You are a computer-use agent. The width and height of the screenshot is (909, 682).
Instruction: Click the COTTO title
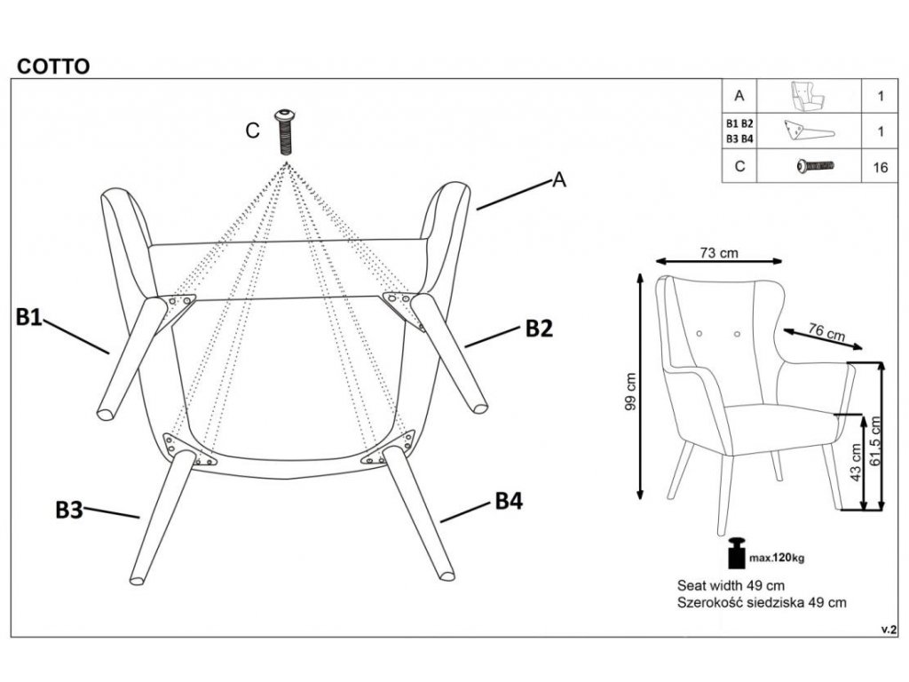pos(53,67)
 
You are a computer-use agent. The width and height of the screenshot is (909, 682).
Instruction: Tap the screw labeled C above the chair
pos(284,131)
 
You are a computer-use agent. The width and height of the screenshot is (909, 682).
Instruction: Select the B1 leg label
pos(29,317)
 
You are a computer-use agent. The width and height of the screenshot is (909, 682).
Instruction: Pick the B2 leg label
pos(539,329)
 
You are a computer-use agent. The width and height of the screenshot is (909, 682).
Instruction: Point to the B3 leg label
pos(69,511)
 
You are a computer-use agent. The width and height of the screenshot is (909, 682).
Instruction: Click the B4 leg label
pos(509,501)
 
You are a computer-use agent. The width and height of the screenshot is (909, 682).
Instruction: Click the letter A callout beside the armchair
pos(559,179)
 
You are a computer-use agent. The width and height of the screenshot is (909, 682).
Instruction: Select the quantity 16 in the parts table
pos(880,168)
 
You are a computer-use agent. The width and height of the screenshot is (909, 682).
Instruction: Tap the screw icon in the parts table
pos(815,166)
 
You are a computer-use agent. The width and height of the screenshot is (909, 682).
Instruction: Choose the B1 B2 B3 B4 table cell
pos(739,131)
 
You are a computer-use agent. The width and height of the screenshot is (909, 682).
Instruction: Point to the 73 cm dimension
pos(719,253)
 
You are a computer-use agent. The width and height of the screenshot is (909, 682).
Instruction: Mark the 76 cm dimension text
pos(826,332)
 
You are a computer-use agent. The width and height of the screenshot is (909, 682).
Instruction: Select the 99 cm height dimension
pos(631,391)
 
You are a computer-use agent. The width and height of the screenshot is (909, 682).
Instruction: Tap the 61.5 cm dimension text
pos(875,440)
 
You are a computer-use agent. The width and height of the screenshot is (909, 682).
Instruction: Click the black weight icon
pos(736,552)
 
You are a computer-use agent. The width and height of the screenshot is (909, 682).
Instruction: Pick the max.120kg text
pos(777,559)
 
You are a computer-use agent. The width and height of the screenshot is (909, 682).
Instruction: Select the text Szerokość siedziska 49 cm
pos(762,603)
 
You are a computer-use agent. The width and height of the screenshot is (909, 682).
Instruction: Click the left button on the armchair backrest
pos(700,334)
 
